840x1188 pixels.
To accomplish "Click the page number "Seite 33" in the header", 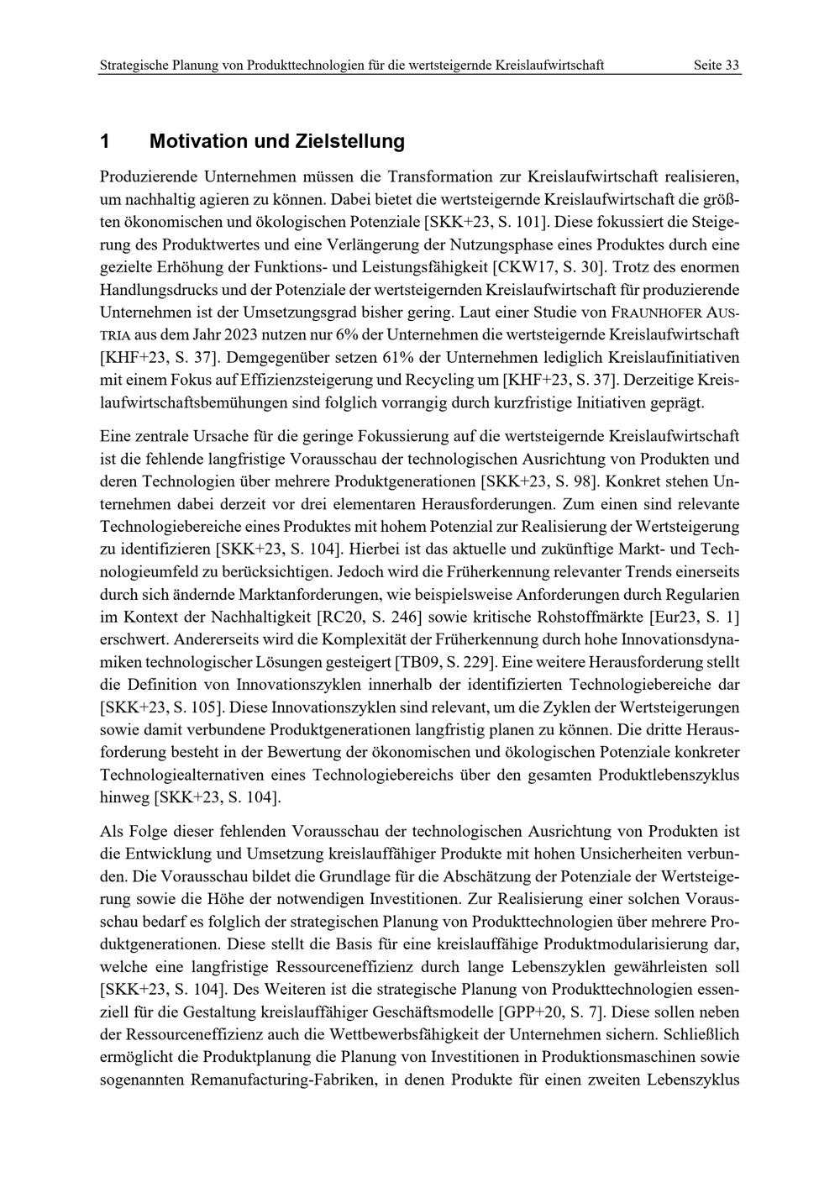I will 717,65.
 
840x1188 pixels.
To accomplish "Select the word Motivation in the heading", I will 198,141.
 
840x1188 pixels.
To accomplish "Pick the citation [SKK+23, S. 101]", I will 486,222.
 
